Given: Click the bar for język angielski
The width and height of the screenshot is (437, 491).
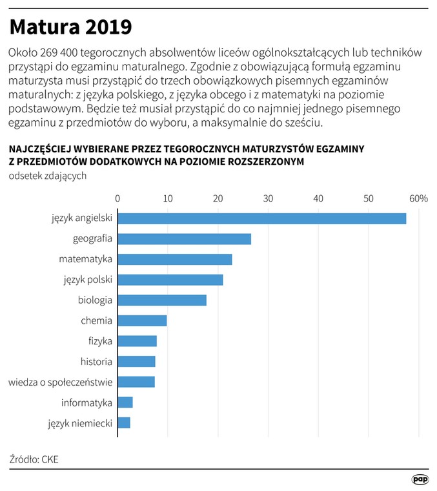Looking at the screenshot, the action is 262,218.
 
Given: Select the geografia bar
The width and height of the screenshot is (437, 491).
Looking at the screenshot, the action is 184,239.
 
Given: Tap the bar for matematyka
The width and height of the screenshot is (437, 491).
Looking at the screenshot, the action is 175,260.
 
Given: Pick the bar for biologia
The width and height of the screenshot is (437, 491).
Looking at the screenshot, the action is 162,300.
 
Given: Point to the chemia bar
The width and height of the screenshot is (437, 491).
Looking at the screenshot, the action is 142,321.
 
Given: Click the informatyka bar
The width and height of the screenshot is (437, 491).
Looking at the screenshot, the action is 125,402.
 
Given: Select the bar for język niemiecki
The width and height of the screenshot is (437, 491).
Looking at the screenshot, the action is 124,423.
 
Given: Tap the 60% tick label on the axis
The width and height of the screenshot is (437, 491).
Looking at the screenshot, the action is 418,198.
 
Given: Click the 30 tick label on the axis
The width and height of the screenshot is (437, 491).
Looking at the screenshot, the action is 268,198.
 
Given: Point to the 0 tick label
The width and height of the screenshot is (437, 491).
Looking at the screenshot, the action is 117,198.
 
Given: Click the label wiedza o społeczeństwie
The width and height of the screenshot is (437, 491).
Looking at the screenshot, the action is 61,382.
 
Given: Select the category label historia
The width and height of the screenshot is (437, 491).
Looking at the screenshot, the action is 96,362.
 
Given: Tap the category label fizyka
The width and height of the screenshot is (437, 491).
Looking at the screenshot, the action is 100,341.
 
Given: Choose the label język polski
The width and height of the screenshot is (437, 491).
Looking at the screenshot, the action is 88,280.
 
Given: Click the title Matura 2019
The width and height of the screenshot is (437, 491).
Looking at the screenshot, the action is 71,27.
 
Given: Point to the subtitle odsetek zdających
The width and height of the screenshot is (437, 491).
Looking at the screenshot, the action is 48,176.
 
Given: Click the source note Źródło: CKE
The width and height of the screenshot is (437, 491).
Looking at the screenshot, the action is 34,460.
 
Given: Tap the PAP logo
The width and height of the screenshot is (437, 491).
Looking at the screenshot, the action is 420,480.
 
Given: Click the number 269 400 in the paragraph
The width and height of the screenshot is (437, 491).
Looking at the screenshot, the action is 59,53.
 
